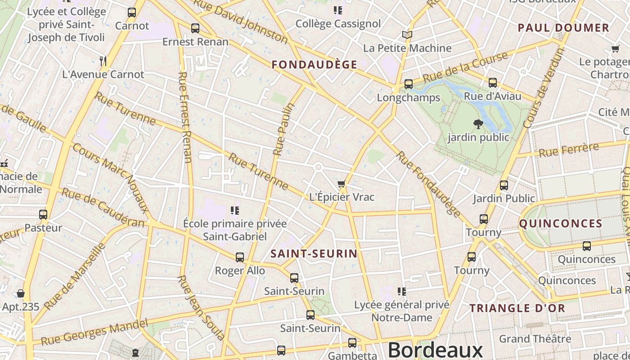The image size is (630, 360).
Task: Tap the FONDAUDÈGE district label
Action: (314, 64)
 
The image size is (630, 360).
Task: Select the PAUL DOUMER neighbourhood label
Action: (563, 28)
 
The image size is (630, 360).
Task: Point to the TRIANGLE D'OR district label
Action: (517, 308)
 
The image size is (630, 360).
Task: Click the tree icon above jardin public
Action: (478, 124)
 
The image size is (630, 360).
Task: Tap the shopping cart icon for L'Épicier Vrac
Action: (342, 184)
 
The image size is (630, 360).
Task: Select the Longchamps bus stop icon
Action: (408, 84)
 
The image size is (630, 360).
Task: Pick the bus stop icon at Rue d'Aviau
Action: (493, 83)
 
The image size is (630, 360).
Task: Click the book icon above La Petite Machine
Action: (407, 35)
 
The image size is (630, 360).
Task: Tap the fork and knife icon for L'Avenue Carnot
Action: (103, 61)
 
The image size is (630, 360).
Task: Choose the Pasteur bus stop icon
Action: (43, 215)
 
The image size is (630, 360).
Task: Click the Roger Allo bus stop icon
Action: (240, 257)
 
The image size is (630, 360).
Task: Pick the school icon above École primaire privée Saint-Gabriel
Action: (234, 211)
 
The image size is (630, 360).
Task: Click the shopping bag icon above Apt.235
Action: (21, 294)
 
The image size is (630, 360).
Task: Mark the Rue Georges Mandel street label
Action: (94, 333)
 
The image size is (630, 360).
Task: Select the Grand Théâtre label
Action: (535, 338)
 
